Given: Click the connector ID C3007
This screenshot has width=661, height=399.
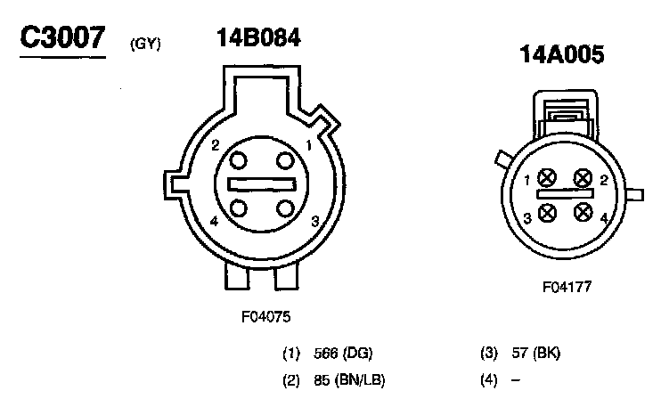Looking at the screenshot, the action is [x=62, y=37].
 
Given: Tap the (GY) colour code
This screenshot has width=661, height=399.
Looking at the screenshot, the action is [x=145, y=44].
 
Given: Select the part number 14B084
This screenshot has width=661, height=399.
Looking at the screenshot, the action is [x=258, y=37].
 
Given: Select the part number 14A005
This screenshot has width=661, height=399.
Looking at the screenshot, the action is [x=561, y=54].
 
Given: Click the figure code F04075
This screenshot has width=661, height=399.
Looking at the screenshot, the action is [x=266, y=316].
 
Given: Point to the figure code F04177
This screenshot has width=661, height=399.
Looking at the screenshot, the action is [x=567, y=287].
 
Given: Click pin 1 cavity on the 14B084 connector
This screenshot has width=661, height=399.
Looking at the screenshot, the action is [x=285, y=160].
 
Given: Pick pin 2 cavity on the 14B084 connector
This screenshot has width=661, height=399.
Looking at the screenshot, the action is [x=238, y=160].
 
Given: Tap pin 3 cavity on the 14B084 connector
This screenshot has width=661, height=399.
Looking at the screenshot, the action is [x=285, y=208].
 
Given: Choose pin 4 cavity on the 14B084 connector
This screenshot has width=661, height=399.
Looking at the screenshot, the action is [x=239, y=208].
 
